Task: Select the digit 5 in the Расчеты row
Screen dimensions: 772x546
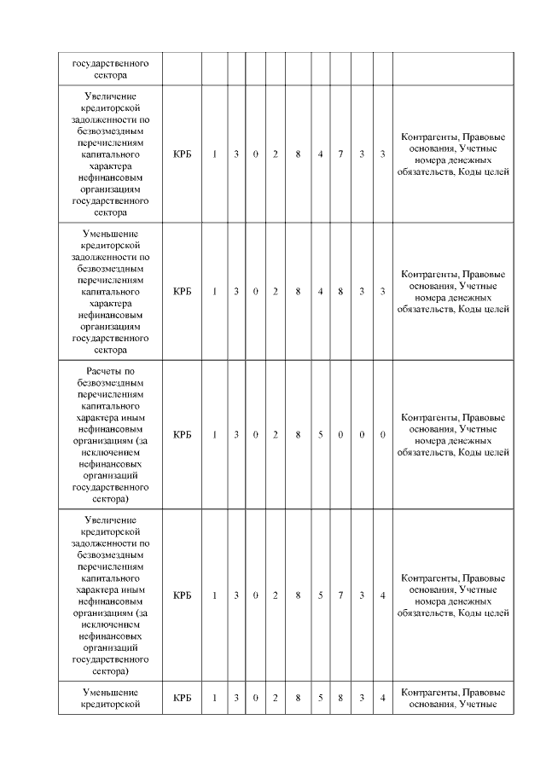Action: [x=320, y=435]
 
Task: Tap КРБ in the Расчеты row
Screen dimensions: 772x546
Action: [x=182, y=435]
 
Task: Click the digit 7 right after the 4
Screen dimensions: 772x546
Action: [x=340, y=154]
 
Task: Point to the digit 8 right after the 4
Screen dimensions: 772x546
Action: [x=340, y=292]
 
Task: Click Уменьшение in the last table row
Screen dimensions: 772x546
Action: [x=111, y=692]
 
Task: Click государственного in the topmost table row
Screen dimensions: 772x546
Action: [x=111, y=63]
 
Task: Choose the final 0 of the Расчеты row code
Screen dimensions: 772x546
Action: [x=382, y=435]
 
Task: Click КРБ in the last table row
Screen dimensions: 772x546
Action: [x=182, y=699]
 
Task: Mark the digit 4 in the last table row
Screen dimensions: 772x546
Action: [x=382, y=699]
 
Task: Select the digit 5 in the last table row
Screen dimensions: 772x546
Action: [x=320, y=699]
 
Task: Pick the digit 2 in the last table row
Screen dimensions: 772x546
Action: [x=276, y=699]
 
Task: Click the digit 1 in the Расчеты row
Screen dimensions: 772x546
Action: [x=214, y=435]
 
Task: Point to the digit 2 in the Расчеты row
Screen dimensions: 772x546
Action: [x=276, y=435]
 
